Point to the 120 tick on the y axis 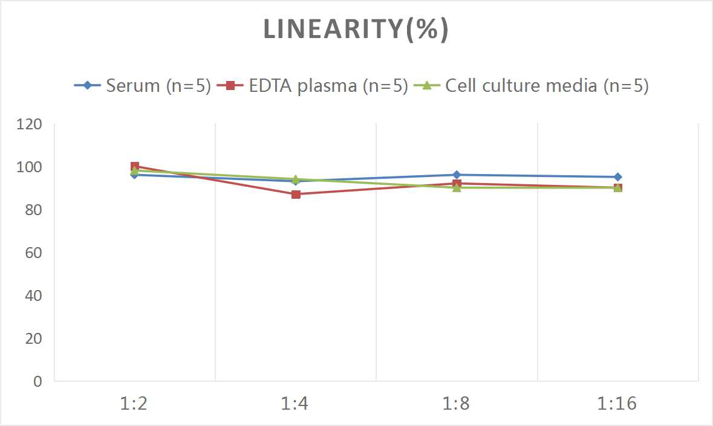click(x=30, y=124)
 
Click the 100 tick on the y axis click(x=30, y=167)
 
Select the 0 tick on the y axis click(x=37, y=381)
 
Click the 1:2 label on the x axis click(x=134, y=404)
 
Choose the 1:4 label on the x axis click(x=295, y=404)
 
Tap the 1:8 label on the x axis click(x=457, y=404)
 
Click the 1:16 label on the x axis click(x=617, y=404)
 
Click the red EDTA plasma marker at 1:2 click(x=135, y=167)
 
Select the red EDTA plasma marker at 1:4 click(x=296, y=195)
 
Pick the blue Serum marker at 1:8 click(x=457, y=175)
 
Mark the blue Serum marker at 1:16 click(x=617, y=177)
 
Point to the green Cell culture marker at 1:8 click(x=457, y=188)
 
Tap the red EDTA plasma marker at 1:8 click(x=457, y=183)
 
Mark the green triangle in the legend click(x=426, y=86)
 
